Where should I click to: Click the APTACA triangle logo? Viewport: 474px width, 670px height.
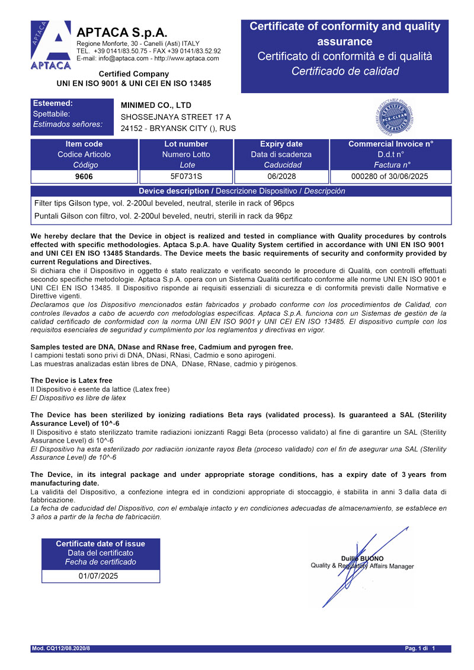click(50, 46)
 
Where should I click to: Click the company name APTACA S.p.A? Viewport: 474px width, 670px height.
click(122, 33)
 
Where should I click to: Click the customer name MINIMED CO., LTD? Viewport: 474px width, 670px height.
click(156, 105)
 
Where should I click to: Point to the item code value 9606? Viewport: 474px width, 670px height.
click(84, 177)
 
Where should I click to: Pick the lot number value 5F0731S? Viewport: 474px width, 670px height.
click(186, 177)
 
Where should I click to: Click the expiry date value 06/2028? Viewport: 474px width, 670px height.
click(281, 177)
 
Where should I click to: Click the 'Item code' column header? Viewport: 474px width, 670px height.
click(84, 144)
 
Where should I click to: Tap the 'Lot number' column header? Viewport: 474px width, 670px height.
click(186, 144)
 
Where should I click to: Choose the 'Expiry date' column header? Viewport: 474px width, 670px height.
click(281, 144)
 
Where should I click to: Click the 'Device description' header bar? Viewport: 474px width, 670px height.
click(241, 191)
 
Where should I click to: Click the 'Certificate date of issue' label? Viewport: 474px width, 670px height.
click(100, 544)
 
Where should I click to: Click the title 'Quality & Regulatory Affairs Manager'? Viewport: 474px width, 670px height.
click(362, 566)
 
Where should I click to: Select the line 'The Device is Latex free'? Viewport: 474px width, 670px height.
click(71, 380)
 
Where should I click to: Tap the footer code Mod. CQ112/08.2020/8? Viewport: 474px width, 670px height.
click(60, 649)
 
